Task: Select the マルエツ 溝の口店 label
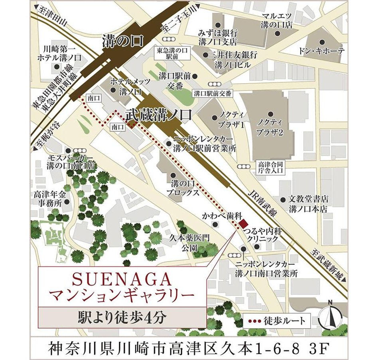(x=278, y=20)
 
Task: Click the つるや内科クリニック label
(x=263, y=235)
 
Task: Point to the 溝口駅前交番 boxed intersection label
(x=212, y=94)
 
